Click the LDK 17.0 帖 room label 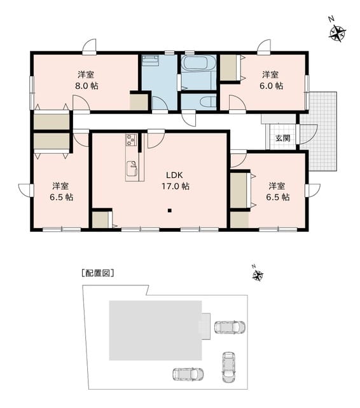tap(176, 180)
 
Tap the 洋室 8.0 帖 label tap(87, 80)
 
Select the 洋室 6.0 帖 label tap(271, 80)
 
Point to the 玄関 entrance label tap(282, 138)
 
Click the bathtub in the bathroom tap(198, 63)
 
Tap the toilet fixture tap(209, 102)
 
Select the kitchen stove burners tap(131, 140)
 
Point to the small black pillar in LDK tap(170, 211)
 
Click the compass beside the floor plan tap(338, 32)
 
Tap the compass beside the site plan tap(258, 275)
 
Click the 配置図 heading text tap(98, 273)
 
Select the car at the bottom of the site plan tap(188, 374)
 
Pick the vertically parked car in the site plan tap(228, 367)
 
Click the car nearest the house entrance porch tap(230, 327)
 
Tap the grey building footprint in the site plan tap(156, 330)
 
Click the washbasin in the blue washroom tap(150, 59)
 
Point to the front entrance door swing tap(308, 134)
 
